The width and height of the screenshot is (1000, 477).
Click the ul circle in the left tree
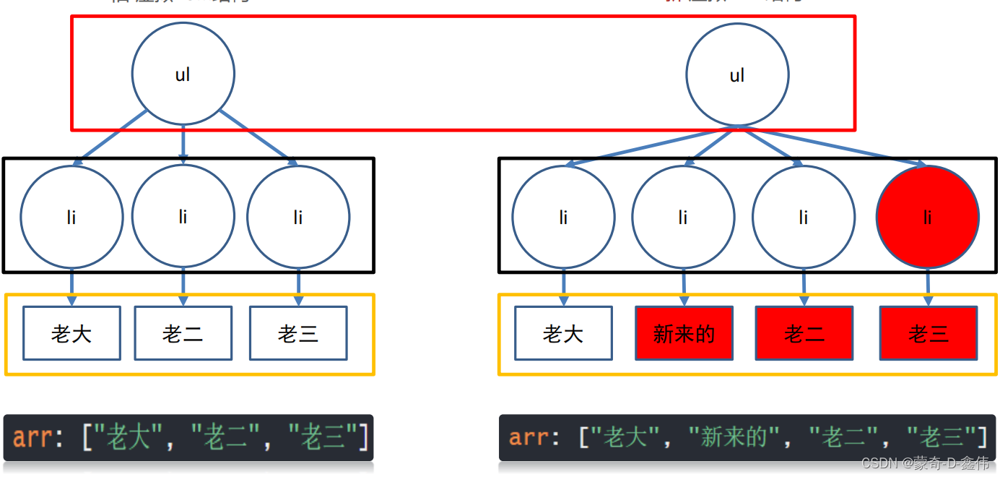pyautogui.click(x=183, y=74)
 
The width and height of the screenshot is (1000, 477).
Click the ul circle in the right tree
pyautogui.click(x=737, y=74)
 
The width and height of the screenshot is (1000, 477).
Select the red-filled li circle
pyautogui.click(x=928, y=217)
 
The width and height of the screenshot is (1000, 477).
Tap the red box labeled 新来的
pyautogui.click(x=684, y=333)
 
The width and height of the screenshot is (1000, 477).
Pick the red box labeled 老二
pyautogui.click(x=804, y=333)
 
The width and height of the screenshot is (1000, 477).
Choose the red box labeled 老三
pyautogui.click(x=928, y=333)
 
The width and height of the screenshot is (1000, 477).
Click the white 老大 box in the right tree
pyautogui.click(x=563, y=333)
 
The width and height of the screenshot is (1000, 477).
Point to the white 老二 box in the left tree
pyautogui.click(x=183, y=333)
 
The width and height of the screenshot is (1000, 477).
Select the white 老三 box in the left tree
pyautogui.click(x=298, y=333)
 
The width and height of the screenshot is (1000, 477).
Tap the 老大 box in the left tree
pyautogui.click(x=71, y=333)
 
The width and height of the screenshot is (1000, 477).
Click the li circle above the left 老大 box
pyautogui.click(x=71, y=217)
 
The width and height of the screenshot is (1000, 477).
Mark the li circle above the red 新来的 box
pyautogui.click(x=683, y=217)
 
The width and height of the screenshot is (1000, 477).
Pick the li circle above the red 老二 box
pyautogui.click(x=804, y=217)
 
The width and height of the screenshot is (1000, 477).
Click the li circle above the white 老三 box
pyautogui.click(x=298, y=217)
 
